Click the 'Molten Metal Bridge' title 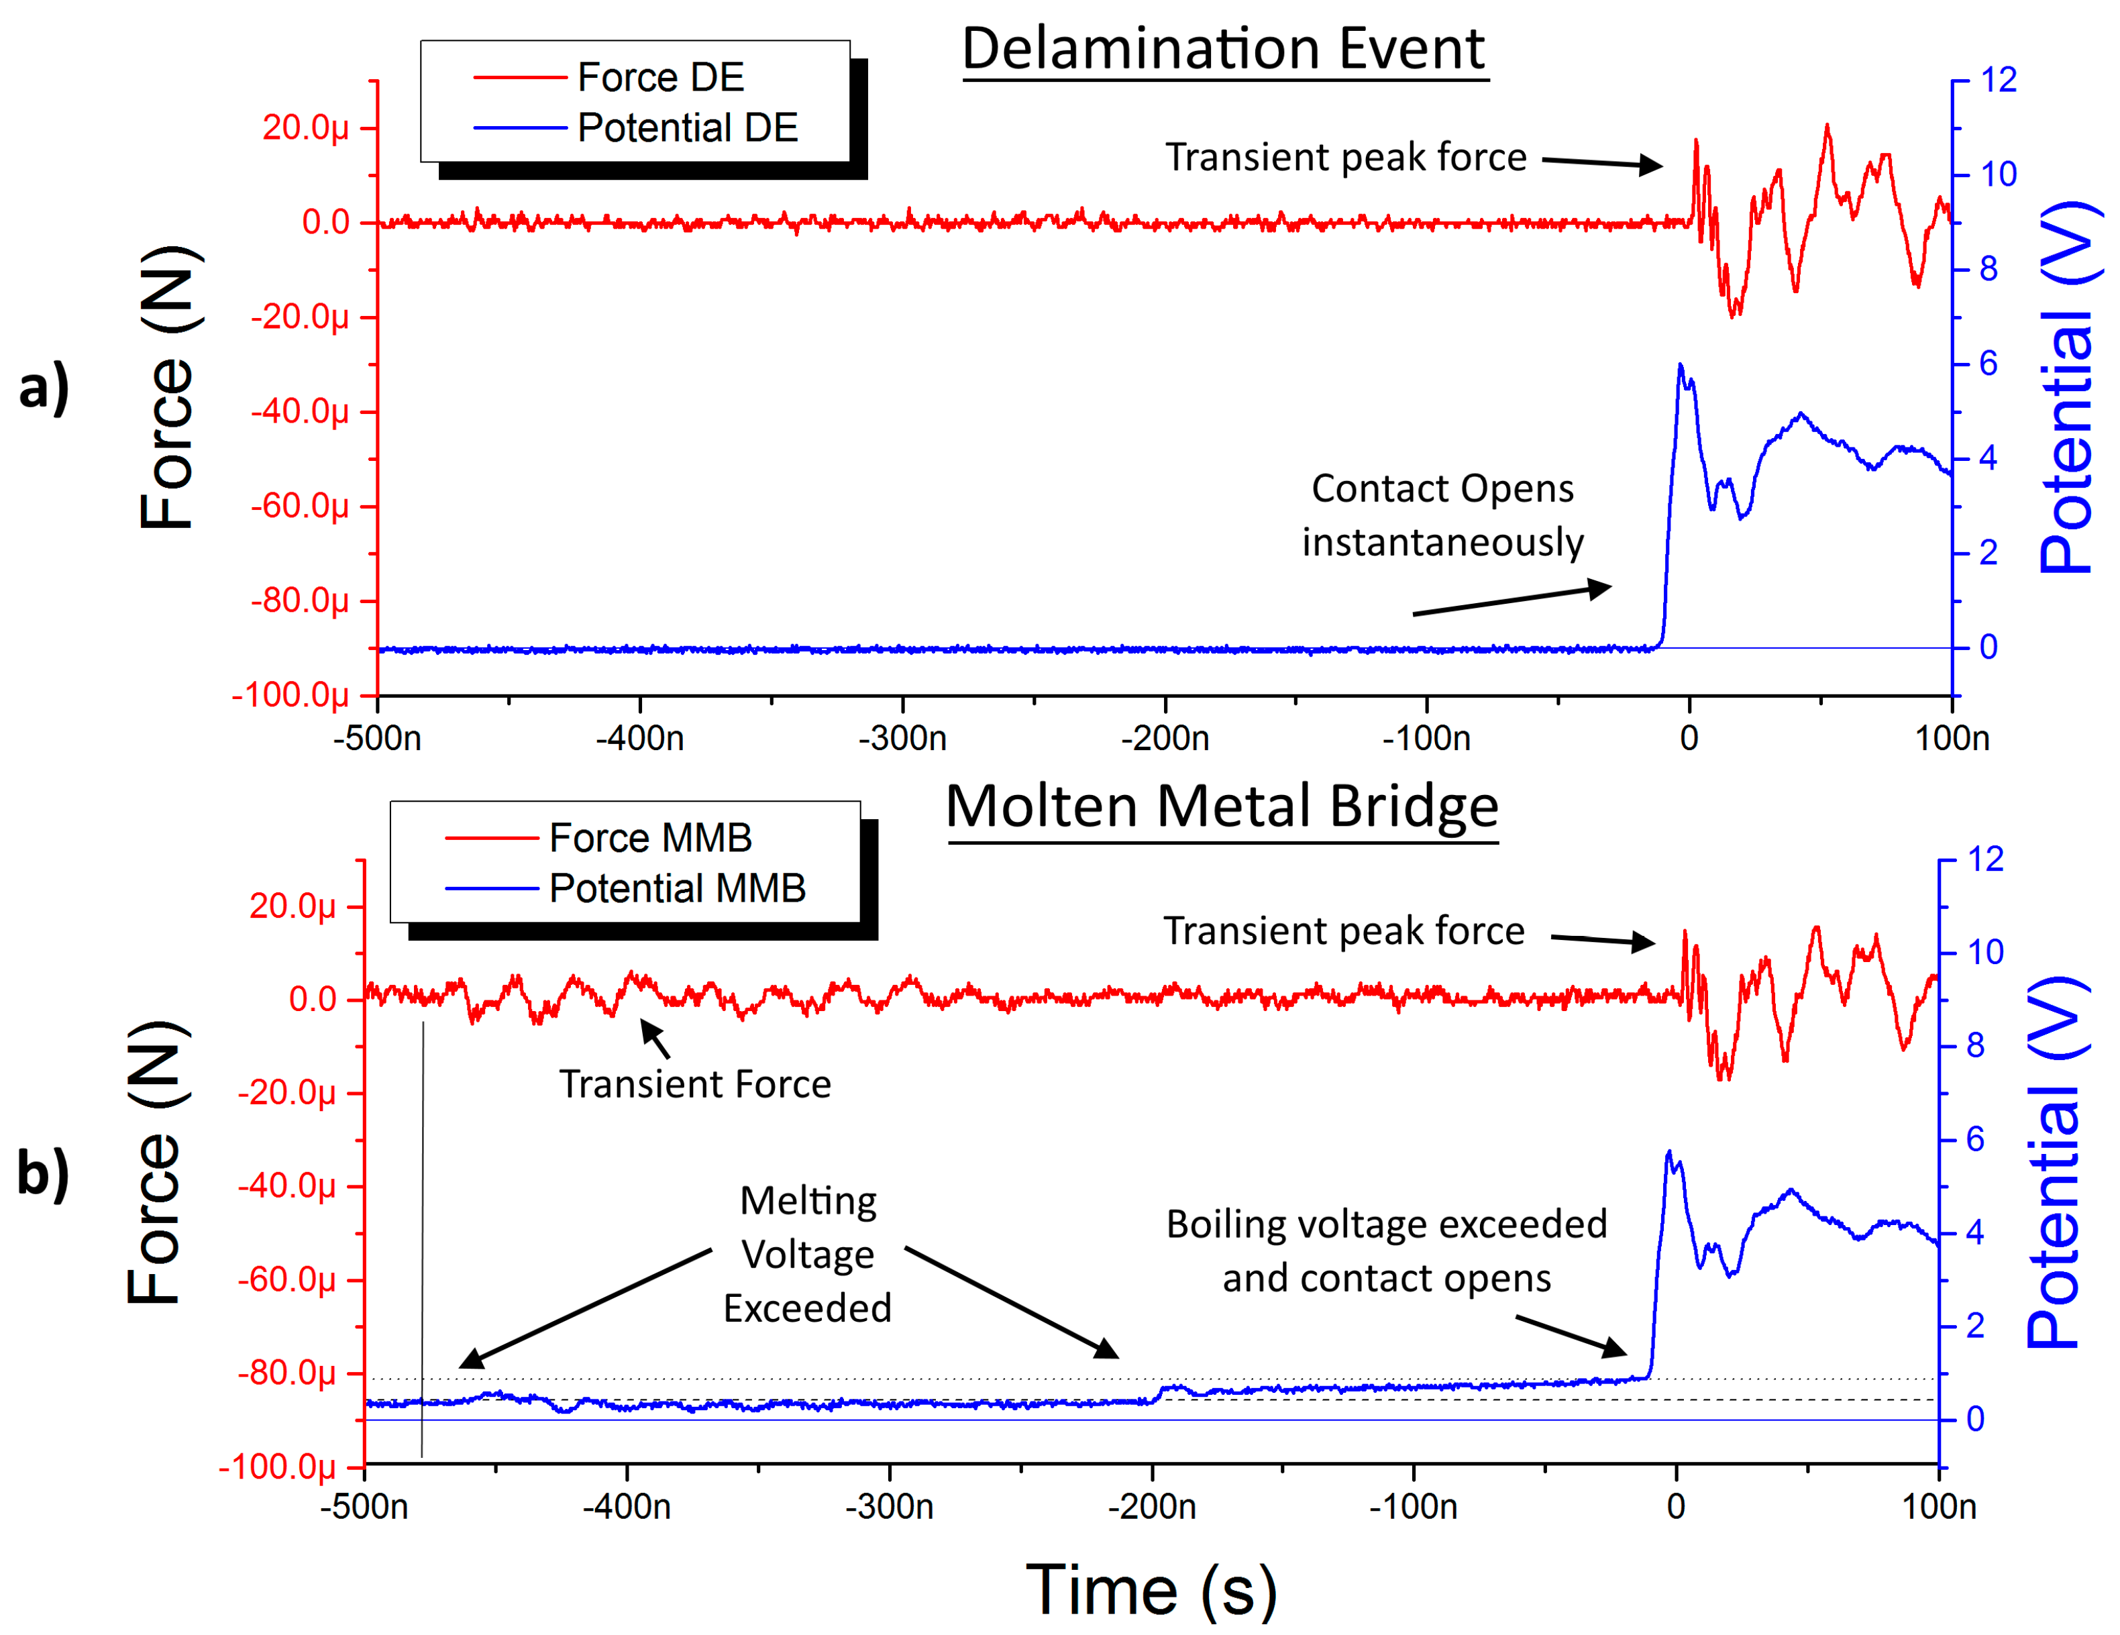[1222, 807]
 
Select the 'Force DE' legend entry [660, 78]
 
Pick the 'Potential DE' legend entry [686, 128]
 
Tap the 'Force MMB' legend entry [649, 838]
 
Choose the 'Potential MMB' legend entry [676, 888]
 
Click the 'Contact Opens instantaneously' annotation [1442, 515]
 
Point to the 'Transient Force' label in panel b [695, 1084]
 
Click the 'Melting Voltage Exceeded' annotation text [808, 1255]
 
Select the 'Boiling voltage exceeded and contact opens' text [1386, 1251]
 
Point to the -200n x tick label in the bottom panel [1152, 1507]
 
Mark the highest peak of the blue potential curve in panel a [1681, 366]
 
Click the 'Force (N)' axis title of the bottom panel [156, 1163]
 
